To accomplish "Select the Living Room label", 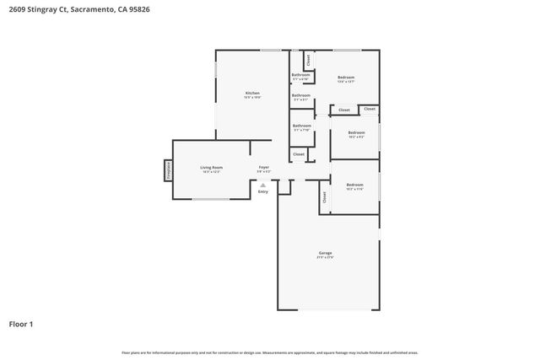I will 211,169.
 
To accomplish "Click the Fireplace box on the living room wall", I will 168,170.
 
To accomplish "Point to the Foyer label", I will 264,169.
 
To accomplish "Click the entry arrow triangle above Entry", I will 263,185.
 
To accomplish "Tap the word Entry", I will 263,191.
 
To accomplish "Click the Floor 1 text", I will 22,323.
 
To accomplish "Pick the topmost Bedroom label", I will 346,78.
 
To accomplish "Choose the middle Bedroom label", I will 356,133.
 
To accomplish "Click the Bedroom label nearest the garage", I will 354,185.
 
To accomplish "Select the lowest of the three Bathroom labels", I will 301,126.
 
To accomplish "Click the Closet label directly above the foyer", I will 299,154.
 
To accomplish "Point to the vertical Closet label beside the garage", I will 324,196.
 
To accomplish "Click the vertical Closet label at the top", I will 309,60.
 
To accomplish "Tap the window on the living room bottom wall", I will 210,200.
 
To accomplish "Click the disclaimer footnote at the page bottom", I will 270,352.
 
